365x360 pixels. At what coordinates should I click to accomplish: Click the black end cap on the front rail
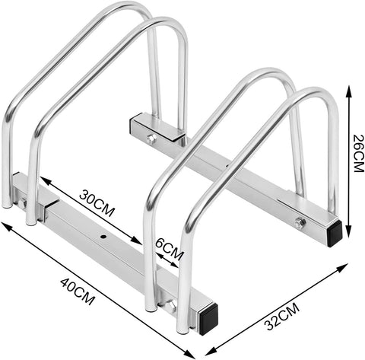[208, 316]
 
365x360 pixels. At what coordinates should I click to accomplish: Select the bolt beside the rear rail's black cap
[301, 222]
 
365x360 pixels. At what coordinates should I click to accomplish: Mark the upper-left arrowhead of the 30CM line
[44, 181]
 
